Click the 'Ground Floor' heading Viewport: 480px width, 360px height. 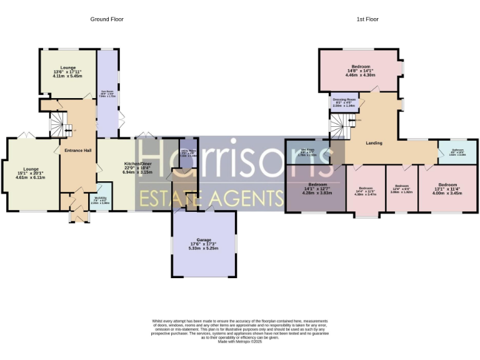(107, 19)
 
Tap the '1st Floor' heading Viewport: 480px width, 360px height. (367, 19)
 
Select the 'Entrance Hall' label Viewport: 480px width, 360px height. (78, 150)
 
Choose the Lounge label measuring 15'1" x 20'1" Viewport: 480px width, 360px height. (31, 169)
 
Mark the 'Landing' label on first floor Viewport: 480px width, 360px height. (374, 143)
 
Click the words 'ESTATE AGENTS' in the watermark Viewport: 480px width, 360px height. (211, 198)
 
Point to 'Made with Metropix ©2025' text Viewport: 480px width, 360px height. (239, 341)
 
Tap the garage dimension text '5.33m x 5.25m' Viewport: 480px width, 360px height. (203, 248)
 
